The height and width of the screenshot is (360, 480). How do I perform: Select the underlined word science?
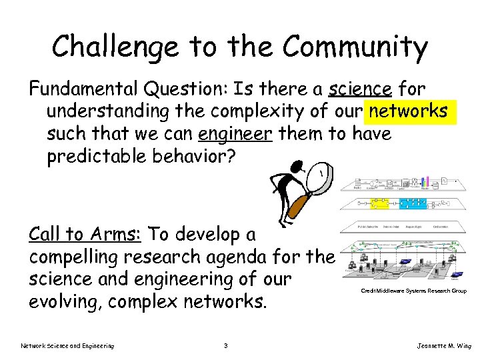pos(360,89)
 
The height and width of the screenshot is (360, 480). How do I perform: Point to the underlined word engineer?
pos(235,135)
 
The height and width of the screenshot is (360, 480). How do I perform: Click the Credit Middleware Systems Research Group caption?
pos(413,291)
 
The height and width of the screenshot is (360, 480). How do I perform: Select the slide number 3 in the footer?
pos(227,345)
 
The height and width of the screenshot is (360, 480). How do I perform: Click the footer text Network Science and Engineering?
pos(67,345)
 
